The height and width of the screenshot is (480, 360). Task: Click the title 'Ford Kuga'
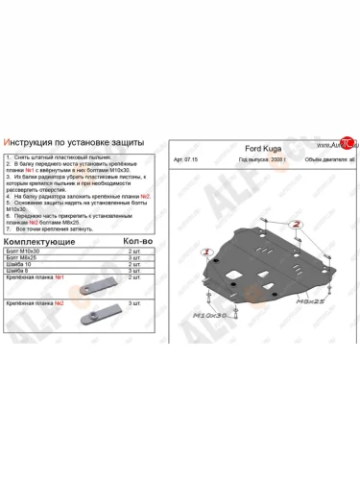260,149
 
